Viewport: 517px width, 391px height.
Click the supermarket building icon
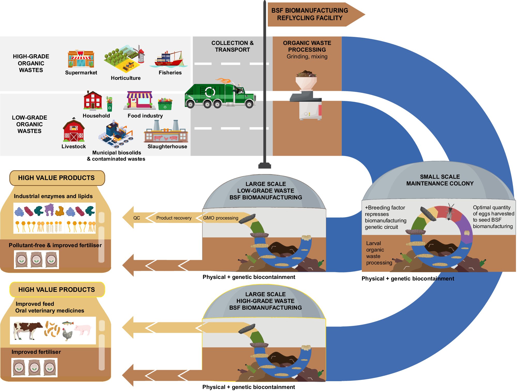(x=81, y=59)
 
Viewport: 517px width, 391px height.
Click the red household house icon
(x=93, y=101)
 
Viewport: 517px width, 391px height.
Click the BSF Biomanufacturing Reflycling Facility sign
(x=310, y=14)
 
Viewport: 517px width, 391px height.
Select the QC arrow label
(x=136, y=218)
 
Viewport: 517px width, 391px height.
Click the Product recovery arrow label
(x=174, y=218)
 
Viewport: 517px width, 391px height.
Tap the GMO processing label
(x=221, y=218)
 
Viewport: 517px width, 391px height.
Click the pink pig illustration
(x=83, y=329)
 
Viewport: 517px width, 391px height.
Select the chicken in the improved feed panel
(x=68, y=335)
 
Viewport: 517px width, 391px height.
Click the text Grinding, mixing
(x=307, y=57)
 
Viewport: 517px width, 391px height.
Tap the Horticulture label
(x=126, y=78)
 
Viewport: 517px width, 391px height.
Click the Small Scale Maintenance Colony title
(x=440, y=180)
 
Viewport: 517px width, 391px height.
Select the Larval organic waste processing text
(x=379, y=253)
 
